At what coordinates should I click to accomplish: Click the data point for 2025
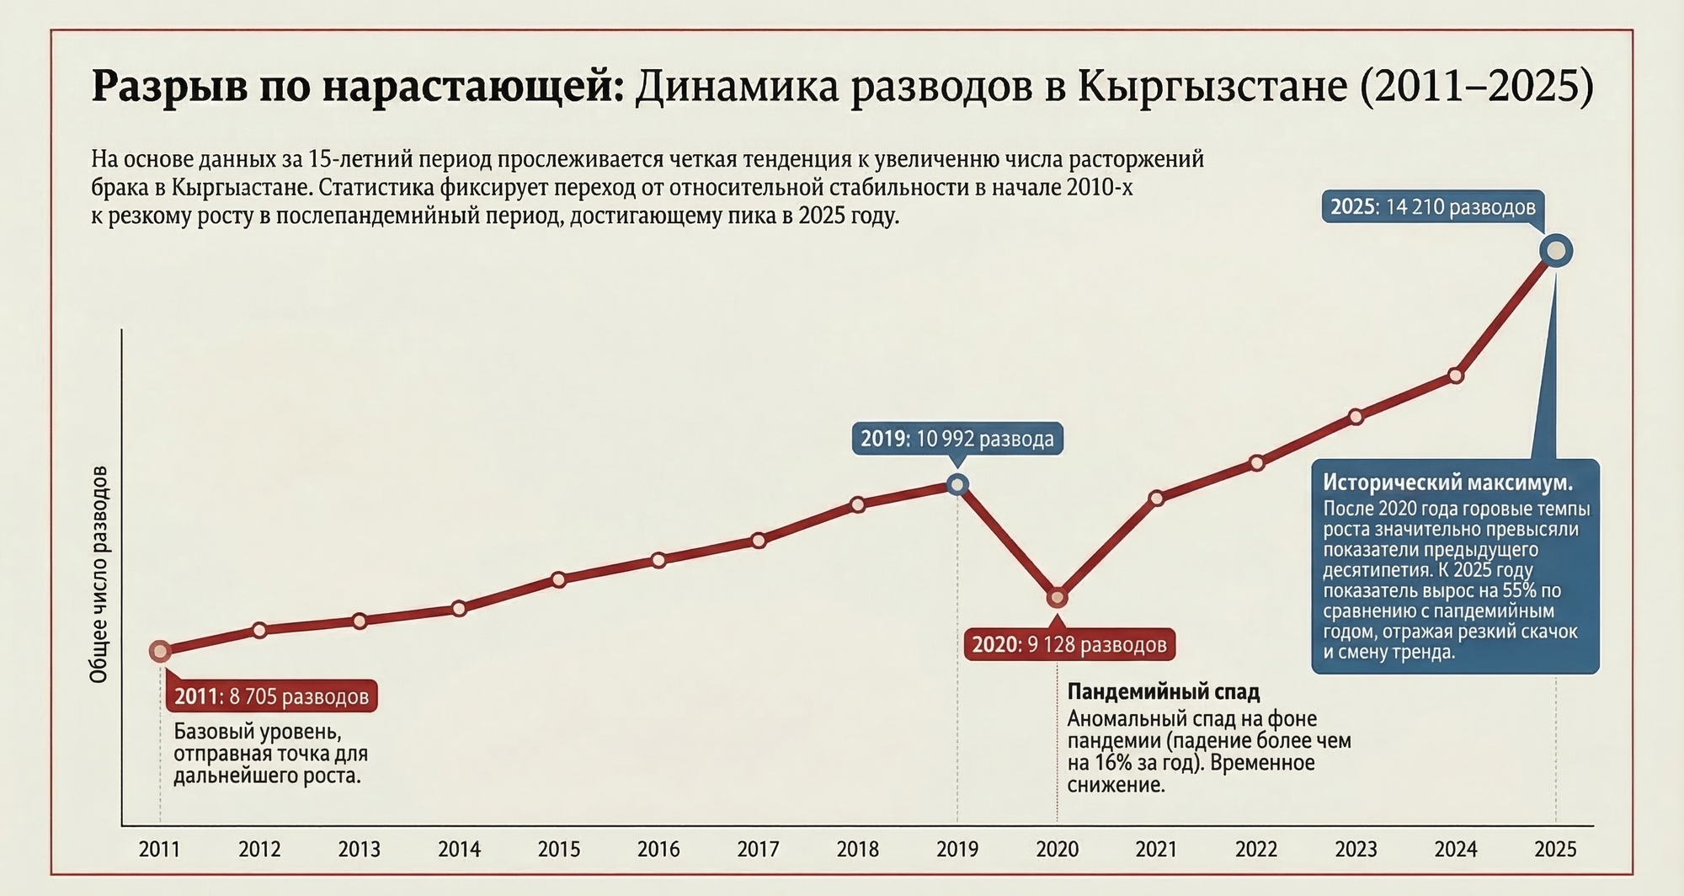(1556, 251)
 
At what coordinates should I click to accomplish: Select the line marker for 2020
(1057, 597)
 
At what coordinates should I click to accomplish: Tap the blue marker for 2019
(957, 484)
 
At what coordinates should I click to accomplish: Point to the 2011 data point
(160, 651)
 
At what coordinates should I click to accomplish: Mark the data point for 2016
(658, 560)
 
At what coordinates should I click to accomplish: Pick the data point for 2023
(1356, 417)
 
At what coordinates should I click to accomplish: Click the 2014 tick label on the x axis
(459, 849)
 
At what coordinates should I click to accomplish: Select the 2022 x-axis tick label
(1256, 849)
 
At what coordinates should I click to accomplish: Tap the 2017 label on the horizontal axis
(758, 849)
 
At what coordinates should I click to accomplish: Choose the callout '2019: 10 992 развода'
(957, 439)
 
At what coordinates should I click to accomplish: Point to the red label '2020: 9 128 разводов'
(1069, 645)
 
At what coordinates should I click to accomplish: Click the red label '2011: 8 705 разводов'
(271, 696)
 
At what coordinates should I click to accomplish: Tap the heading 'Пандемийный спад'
(1164, 692)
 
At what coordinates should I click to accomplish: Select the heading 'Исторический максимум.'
(1447, 483)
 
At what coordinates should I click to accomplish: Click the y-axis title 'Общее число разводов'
(99, 573)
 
